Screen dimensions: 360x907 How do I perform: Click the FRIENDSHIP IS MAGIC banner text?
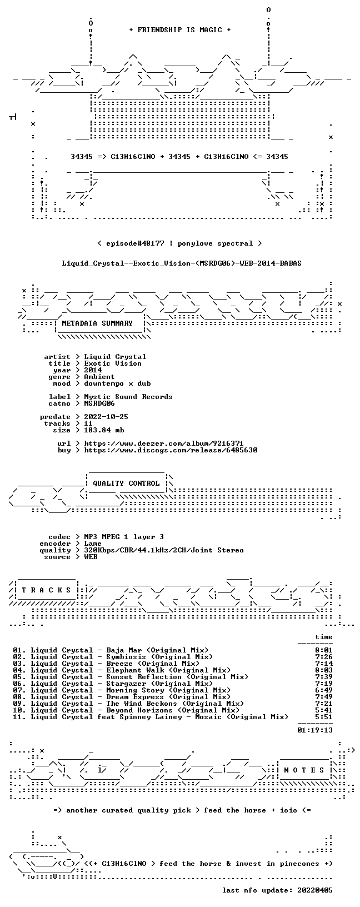coord(180,30)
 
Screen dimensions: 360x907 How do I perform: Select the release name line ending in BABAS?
coord(182,263)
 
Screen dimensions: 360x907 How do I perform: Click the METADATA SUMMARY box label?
coord(97,323)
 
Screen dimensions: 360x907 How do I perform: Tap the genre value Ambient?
coord(99,377)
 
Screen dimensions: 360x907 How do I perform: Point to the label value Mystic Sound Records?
coord(128,397)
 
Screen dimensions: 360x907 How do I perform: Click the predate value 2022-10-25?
coord(106,417)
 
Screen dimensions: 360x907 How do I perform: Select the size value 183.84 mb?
coord(104,430)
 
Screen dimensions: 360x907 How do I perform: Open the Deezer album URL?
coord(163,443)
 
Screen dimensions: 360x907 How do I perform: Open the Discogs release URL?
coord(171,450)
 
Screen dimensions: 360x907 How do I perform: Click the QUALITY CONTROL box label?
coord(126,484)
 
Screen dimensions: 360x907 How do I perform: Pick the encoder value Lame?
coord(93,544)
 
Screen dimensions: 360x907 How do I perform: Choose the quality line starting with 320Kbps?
coord(163,550)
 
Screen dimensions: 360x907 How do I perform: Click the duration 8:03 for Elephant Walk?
coord(324,671)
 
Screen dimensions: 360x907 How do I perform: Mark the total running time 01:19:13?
coord(315,730)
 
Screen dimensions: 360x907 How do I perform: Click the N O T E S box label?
coord(304,770)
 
